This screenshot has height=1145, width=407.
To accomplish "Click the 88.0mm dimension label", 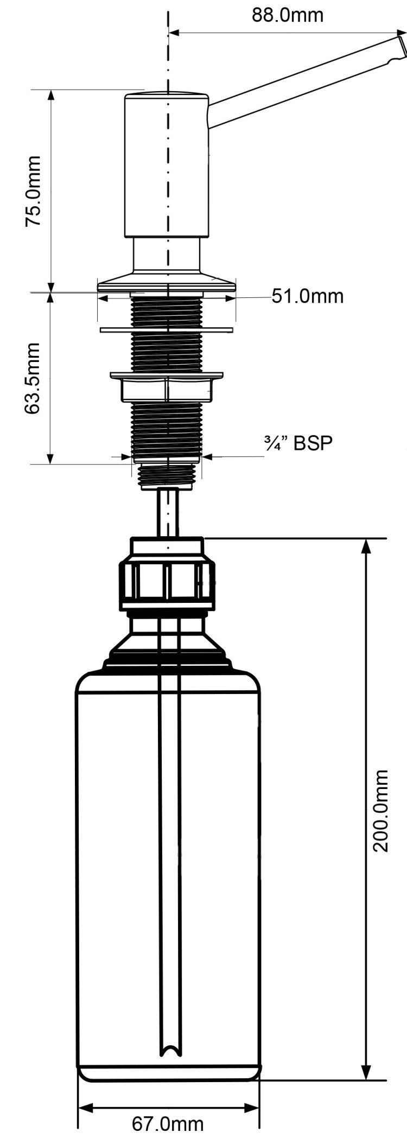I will click(x=287, y=15).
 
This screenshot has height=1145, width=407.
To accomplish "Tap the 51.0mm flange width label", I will click(x=308, y=296).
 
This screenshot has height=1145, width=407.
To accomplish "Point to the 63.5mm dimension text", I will click(x=33, y=378).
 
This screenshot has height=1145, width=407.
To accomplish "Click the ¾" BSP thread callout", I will click(x=298, y=443).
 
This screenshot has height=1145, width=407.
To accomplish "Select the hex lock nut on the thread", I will click(x=166, y=389).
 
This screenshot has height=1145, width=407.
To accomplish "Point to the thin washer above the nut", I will click(x=166, y=329).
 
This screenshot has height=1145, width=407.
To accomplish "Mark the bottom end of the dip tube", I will click(x=169, y=1050).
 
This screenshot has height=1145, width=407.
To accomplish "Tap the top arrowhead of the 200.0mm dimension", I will click(x=366, y=545).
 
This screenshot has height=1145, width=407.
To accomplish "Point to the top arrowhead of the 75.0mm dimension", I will click(x=52, y=96).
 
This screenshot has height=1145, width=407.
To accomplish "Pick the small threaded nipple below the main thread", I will click(x=166, y=475).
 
